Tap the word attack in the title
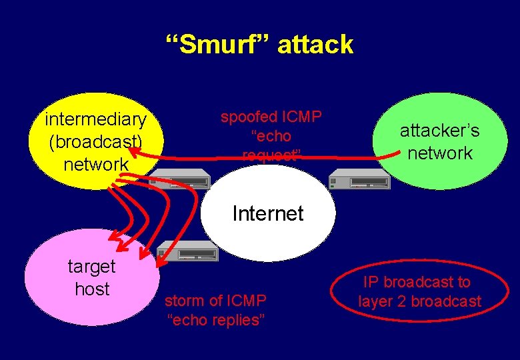(x=315, y=45)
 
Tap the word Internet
(x=268, y=213)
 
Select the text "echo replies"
(x=215, y=320)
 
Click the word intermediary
(x=95, y=119)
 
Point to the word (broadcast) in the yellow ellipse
(x=95, y=141)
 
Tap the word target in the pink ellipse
(x=91, y=267)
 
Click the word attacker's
(x=439, y=131)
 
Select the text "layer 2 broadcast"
(x=419, y=301)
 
